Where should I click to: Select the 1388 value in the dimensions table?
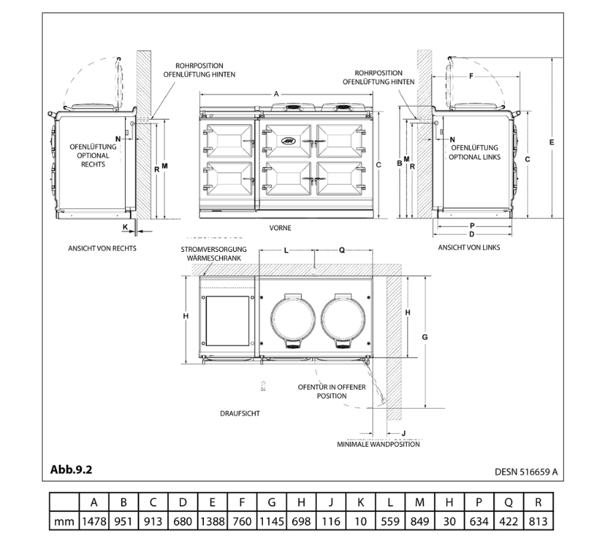[x=212, y=521]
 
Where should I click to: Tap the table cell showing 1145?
[x=271, y=521]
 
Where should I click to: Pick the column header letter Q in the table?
[x=508, y=503]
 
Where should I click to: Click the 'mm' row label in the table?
[x=65, y=521]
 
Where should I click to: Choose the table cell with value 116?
[x=330, y=521]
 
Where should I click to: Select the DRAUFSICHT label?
[x=240, y=413]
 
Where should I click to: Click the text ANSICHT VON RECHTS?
[x=102, y=248]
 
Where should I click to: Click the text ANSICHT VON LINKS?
[x=469, y=248]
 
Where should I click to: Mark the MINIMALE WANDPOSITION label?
[x=378, y=445]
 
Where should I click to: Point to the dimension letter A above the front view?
[x=276, y=94]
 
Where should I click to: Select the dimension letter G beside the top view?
[x=424, y=337]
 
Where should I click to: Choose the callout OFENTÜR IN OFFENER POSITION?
[x=322, y=391]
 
